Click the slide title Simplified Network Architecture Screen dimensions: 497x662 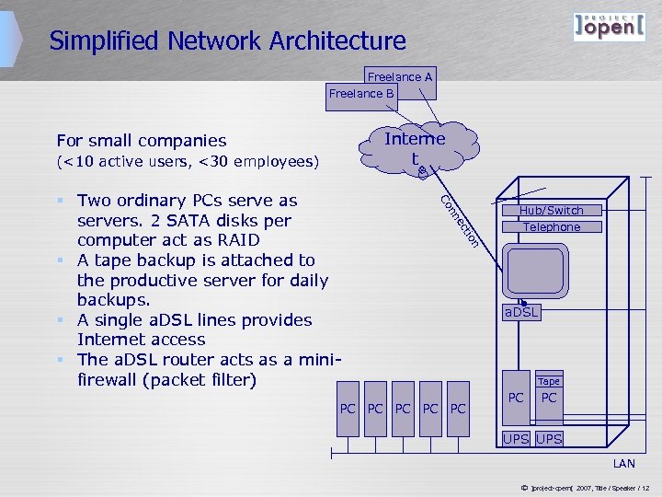(x=227, y=41)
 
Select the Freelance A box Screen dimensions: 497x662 (x=400, y=78)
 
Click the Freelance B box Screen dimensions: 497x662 (x=361, y=94)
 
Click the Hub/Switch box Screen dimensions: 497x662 (x=551, y=211)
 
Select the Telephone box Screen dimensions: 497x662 (x=551, y=227)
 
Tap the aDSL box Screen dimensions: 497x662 (x=521, y=313)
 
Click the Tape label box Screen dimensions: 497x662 (x=548, y=381)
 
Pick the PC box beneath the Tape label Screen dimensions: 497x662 (x=549, y=398)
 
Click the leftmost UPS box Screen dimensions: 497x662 (x=516, y=439)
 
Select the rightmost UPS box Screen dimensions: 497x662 (x=549, y=439)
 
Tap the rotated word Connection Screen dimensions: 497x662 (x=460, y=221)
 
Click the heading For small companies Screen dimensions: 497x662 (x=141, y=141)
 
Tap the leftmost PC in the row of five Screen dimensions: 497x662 (x=348, y=408)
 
